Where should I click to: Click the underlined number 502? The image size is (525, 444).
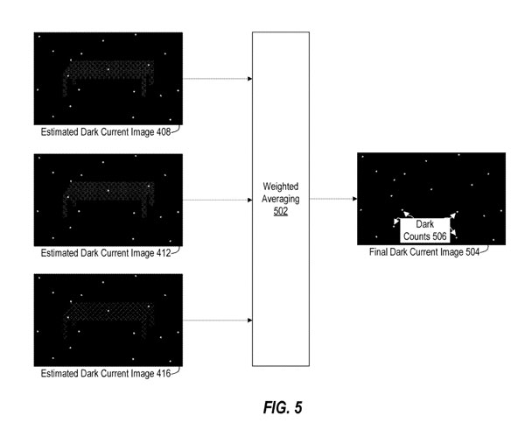click(281, 211)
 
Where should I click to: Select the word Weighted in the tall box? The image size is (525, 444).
click(281, 187)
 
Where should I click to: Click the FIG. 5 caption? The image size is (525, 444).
click(282, 408)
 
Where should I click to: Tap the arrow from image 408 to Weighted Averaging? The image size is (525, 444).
click(217, 79)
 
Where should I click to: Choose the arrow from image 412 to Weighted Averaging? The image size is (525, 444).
click(217, 200)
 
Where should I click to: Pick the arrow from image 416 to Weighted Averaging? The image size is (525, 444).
click(217, 321)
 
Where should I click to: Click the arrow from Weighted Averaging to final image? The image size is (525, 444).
click(333, 199)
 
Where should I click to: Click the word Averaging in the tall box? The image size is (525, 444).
click(281, 200)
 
